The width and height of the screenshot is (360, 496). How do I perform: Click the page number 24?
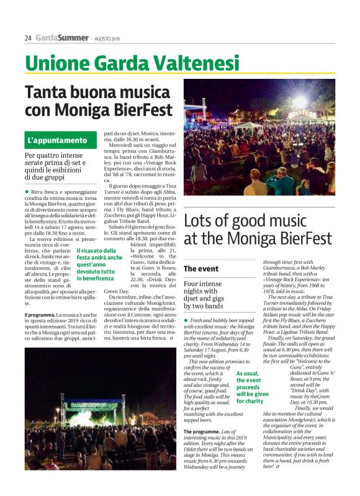click(x=28, y=38)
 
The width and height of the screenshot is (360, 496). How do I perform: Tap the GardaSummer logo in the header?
click(x=61, y=38)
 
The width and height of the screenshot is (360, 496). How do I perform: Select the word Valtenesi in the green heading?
click(x=186, y=63)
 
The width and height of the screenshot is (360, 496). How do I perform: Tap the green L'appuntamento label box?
click(x=57, y=140)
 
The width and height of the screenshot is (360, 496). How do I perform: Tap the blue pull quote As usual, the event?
click(x=252, y=388)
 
